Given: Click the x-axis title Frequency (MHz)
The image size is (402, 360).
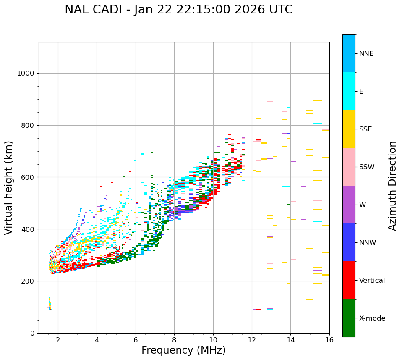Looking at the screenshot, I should [183, 350].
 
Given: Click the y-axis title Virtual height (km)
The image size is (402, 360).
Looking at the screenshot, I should [9, 187].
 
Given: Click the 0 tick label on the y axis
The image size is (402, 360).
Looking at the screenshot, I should [32, 333].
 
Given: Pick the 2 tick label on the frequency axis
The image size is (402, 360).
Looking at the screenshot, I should [58, 340].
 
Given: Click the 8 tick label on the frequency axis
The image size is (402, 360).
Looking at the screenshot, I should [174, 340].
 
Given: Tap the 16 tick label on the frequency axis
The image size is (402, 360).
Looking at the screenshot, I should [329, 340].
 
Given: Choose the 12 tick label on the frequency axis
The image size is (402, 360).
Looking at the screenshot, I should [252, 340].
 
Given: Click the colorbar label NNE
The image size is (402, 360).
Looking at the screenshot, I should [366, 54].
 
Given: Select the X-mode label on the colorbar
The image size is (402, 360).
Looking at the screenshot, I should [372, 318].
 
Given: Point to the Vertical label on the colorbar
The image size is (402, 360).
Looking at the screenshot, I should [372, 281].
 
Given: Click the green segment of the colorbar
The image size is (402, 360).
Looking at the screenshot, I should [349, 318].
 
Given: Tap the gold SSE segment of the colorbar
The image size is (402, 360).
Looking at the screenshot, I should [349, 129].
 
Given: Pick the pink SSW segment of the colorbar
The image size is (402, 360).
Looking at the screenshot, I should [349, 167].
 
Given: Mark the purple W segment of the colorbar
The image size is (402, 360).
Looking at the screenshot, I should [349, 205].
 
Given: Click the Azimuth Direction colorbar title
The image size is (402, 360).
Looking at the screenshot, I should [392, 186].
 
